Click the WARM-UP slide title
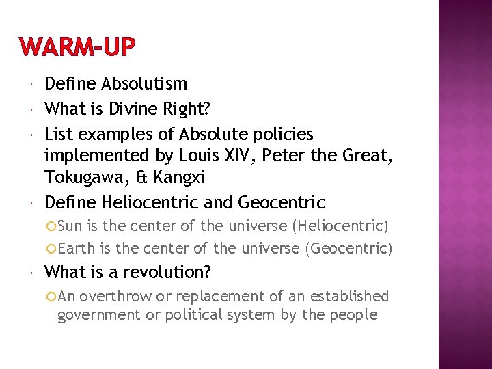coord(78,48)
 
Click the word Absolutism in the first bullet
coord(144,84)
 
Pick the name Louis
coord(197,156)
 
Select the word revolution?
coord(166,273)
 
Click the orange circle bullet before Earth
coord(53,248)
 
